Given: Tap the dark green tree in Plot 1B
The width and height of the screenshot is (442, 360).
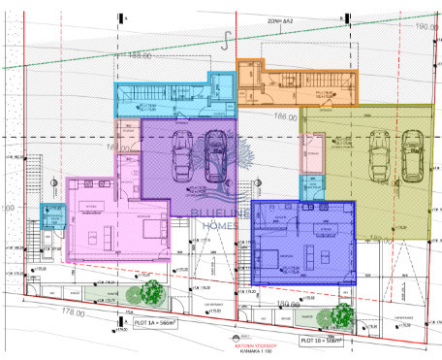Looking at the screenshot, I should pos(341,314).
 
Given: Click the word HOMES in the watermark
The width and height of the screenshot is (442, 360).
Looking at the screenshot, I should pos(221,226).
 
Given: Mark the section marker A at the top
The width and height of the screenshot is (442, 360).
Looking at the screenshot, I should pos(120,17).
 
